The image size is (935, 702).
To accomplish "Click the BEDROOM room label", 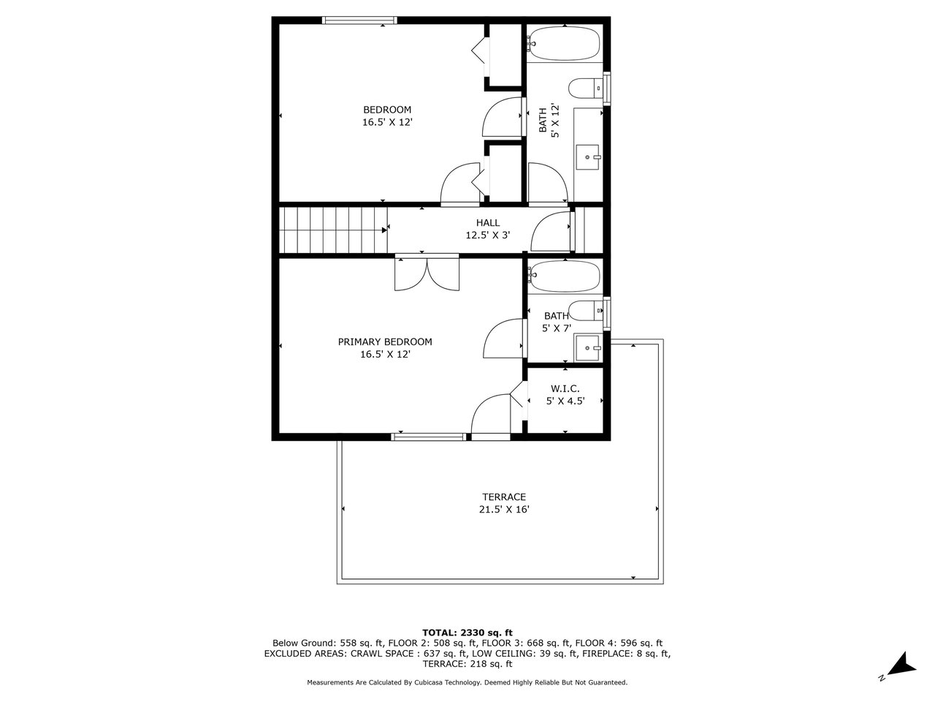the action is pos(386,110).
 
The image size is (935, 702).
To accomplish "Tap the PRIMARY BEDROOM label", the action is pos(385,341).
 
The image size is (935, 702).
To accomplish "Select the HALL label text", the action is pos(488,222).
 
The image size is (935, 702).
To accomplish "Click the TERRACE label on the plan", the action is pos(504,497).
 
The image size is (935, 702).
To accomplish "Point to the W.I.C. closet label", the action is pos(565,389).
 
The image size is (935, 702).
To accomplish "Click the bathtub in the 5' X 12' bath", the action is pos(563,43).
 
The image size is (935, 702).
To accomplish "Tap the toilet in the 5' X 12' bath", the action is pos(586,88).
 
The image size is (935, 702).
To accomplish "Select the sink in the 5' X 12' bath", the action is pos(588,157).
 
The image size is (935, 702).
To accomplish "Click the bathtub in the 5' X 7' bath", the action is pos(564,276).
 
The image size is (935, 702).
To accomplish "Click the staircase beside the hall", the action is pos(333,230).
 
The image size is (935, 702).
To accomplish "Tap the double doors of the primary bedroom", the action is pos(427,273).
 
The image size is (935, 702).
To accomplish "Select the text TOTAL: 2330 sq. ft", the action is pos(467,633).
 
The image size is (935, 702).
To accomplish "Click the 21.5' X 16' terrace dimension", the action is pos(504,510).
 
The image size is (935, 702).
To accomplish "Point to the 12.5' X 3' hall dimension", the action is pos(488,235).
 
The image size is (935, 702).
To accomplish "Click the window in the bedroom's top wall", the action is pos(359,20).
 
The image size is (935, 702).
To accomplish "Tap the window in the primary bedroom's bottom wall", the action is pos(429,437).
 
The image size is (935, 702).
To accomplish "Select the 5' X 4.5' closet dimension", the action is pos(565,401).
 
